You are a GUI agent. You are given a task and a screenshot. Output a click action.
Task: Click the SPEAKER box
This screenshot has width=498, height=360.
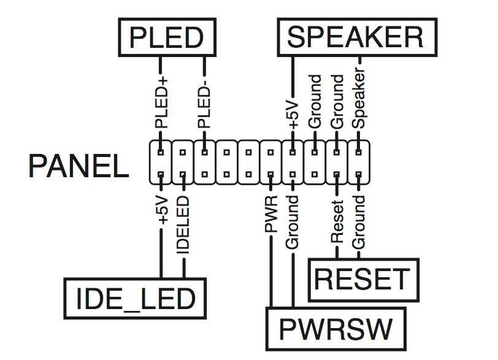356,36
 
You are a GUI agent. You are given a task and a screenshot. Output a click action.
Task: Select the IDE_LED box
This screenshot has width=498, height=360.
136,299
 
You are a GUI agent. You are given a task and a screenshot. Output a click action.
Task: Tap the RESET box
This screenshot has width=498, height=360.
362,279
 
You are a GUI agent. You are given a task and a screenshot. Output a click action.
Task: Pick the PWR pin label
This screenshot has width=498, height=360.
270,214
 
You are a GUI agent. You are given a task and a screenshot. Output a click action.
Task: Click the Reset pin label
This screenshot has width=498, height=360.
337,220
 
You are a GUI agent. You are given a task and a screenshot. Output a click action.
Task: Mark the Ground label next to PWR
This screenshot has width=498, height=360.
293,222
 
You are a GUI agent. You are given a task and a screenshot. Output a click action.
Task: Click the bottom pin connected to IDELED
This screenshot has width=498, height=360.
183,175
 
